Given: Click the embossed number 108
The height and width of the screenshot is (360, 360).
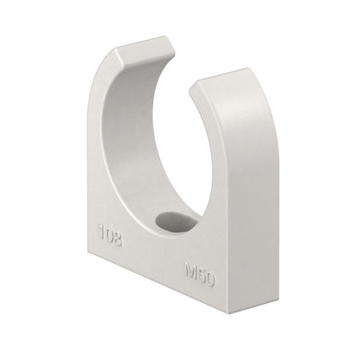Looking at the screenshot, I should (110, 235).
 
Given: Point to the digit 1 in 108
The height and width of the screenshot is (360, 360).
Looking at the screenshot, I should (101, 233).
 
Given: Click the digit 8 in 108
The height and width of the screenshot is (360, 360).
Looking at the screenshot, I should (118, 238).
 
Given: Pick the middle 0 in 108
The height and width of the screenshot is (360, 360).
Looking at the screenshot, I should (110, 235).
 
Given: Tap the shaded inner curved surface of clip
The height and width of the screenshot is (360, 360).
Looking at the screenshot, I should (148, 144).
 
